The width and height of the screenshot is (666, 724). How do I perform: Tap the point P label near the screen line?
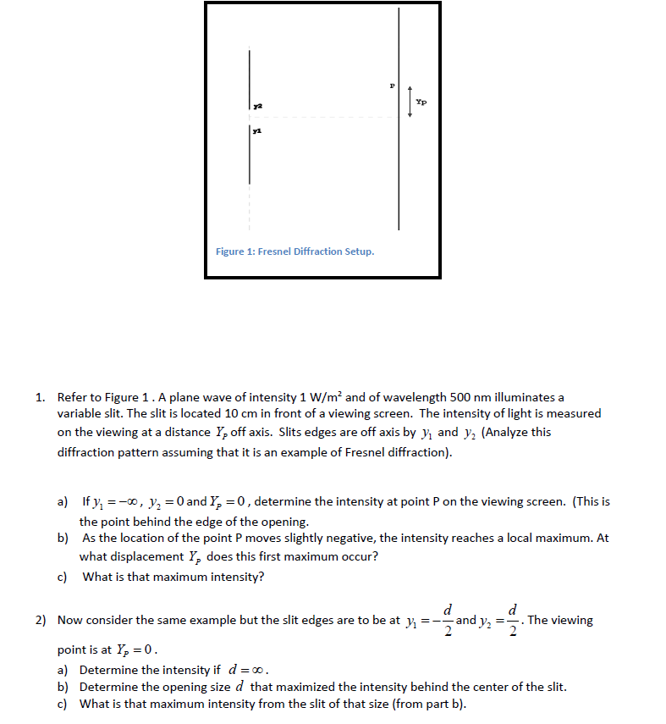[x=392, y=86]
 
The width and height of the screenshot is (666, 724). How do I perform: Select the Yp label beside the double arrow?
[x=421, y=102]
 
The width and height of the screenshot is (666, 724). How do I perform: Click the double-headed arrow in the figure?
[x=410, y=102]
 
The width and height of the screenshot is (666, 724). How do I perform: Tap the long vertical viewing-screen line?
[x=399, y=169]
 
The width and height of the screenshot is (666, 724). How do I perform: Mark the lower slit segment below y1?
[x=250, y=157]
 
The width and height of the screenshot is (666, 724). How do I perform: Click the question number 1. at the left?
[x=40, y=396]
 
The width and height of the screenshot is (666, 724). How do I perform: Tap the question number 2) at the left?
[x=41, y=621]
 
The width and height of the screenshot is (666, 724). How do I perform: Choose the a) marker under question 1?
[x=63, y=501]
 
